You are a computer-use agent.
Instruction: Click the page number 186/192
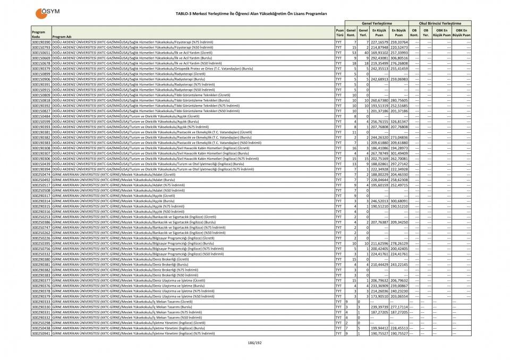click(254, 344)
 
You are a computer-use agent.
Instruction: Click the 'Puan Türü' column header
click(338, 33)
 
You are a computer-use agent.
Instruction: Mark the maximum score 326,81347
click(399, 122)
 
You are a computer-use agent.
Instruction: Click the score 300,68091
click(399, 201)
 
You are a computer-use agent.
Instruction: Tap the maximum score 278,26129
click(399, 243)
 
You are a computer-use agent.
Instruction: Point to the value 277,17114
click(399, 307)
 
